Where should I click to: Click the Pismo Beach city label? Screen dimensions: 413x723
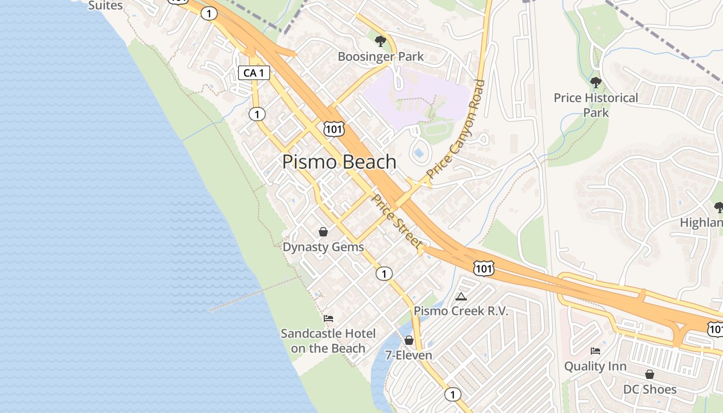pos(339,162)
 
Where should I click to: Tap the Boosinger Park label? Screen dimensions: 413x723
pos(381,56)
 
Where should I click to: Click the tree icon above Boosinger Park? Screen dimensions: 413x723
pos(381,41)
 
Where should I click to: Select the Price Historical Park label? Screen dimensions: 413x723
pos(596,105)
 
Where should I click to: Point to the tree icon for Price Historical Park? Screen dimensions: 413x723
pos(596,82)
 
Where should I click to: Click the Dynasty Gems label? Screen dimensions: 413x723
pos(323,247)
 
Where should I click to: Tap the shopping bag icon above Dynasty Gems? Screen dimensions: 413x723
pos(323,232)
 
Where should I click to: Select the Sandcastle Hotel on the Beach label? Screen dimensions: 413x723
pos(328,341)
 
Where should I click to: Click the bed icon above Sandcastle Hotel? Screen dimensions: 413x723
pos(328,319)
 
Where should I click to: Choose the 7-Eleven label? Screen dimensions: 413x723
pos(409,355)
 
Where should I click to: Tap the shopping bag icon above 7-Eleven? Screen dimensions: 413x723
pos(409,340)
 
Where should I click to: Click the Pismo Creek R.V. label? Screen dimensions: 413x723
pos(461,311)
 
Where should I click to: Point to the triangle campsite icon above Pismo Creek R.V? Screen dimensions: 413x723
pos(461,296)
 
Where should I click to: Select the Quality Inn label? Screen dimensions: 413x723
pos(595,366)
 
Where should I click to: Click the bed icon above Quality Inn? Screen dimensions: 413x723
pos(595,351)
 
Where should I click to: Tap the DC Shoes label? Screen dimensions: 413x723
pos(650,389)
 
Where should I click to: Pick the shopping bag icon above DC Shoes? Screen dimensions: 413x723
pos(650,374)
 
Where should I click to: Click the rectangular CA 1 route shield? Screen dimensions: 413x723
pos(254,73)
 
